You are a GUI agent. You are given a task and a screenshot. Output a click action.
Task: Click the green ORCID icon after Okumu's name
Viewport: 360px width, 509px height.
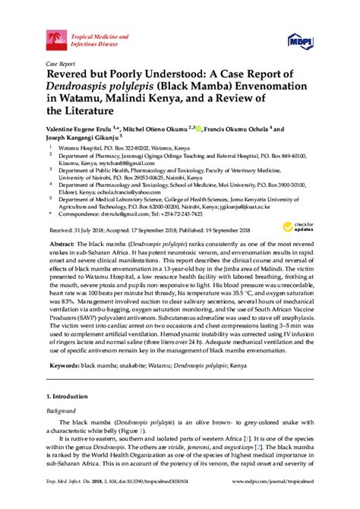[x=200, y=129]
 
